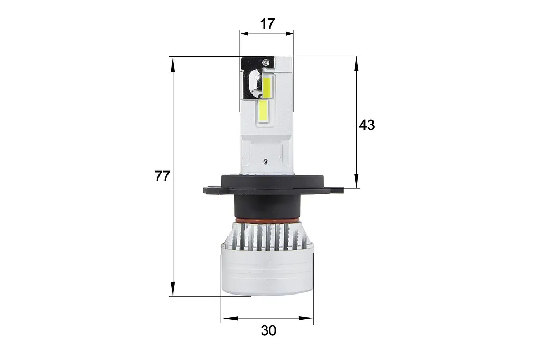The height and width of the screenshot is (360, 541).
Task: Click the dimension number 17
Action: [267, 24]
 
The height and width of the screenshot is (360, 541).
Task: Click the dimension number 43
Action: [367, 125]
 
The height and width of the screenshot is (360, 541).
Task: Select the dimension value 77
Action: [162, 176]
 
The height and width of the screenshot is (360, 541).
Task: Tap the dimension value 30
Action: [268, 330]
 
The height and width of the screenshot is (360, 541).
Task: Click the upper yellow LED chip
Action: [267, 88]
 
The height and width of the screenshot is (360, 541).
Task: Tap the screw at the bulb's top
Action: [265, 62]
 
